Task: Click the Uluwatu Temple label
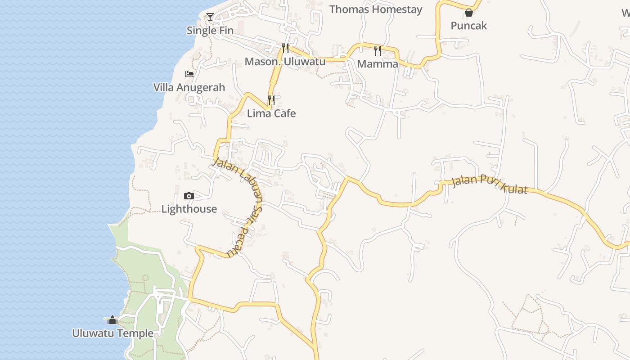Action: [x=112, y=333]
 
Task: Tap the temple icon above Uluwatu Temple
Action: [x=112, y=320]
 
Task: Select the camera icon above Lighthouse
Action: [x=189, y=196]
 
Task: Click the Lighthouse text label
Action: [x=189, y=209]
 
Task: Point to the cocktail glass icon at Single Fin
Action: [x=210, y=18]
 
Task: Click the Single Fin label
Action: [x=210, y=31]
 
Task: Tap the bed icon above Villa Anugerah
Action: [x=189, y=74]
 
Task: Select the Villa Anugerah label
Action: [x=189, y=87]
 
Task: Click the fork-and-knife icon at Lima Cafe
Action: [x=271, y=100]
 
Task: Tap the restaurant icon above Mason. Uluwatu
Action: [x=285, y=48]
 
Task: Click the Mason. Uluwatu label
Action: [x=285, y=61]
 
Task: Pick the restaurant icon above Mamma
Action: [x=378, y=50]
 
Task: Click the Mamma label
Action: [x=378, y=64]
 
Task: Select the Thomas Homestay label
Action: [x=376, y=9]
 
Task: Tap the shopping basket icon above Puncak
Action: [x=469, y=13]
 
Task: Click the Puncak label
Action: [x=469, y=26]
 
